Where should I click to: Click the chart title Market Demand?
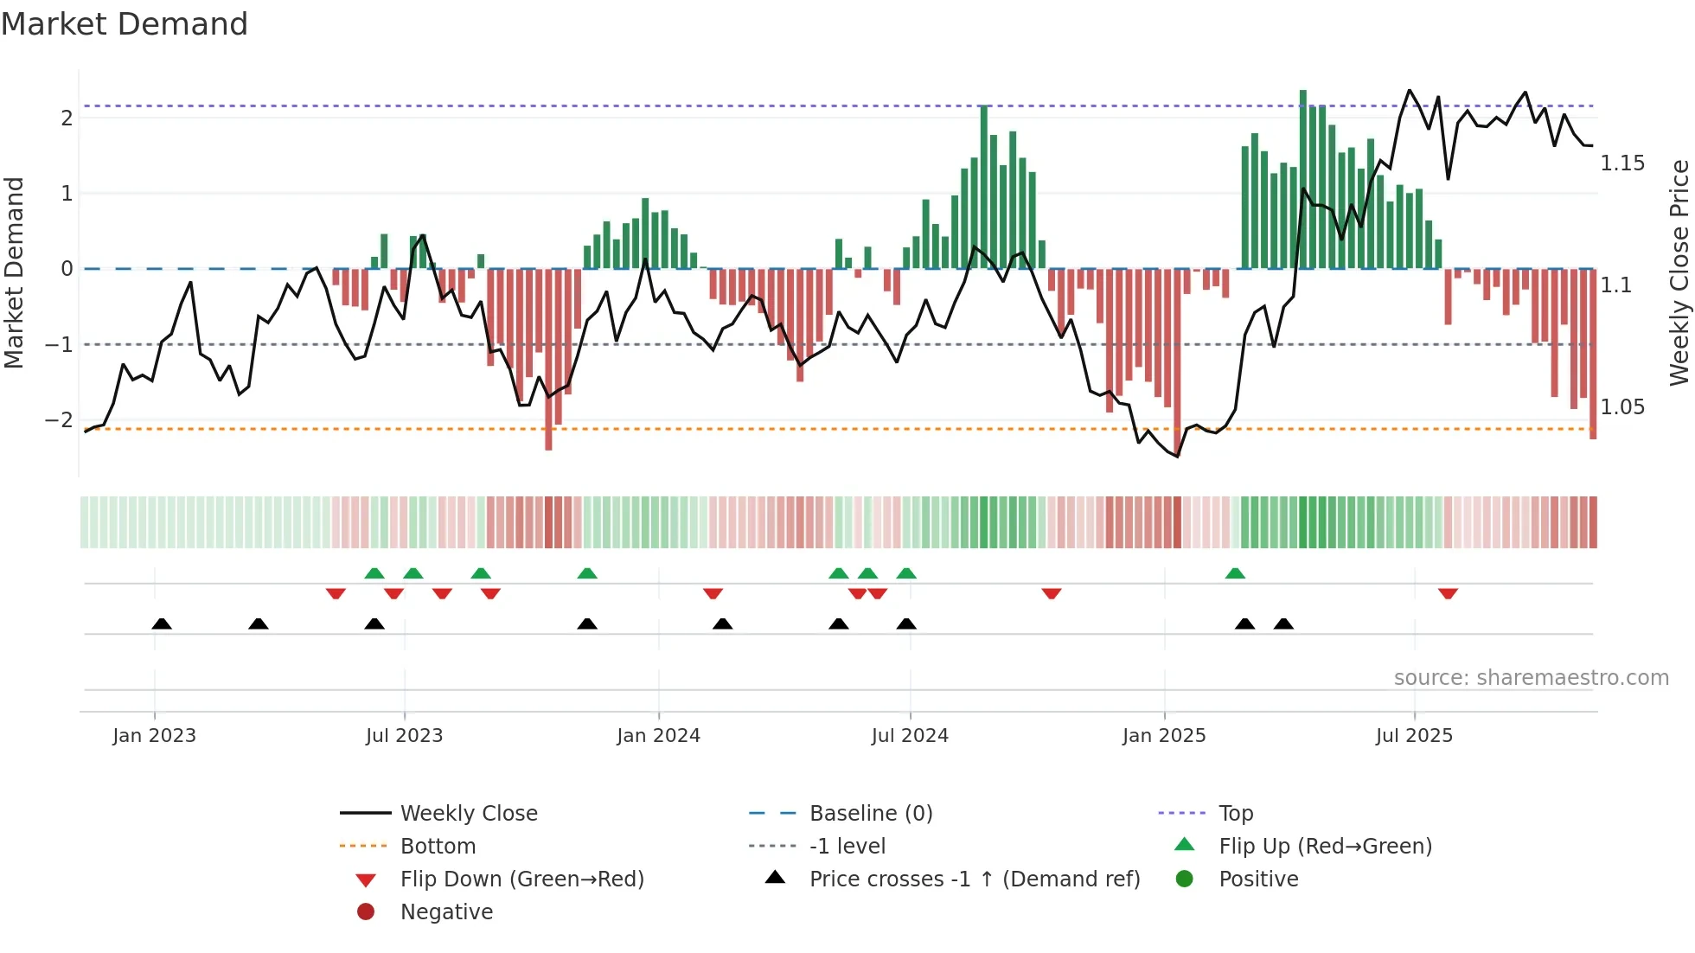coord(125,24)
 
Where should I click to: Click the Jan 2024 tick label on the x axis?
coord(658,736)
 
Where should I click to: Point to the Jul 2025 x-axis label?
coord(1414,736)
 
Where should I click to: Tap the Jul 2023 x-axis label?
coord(404,736)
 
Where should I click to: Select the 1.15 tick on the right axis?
coord(1622,163)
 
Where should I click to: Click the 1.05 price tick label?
coord(1622,407)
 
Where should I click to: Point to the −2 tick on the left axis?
coord(59,420)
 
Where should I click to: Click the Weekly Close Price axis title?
coord(1679,272)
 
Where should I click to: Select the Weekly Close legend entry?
coord(468,814)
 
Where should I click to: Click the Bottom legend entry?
coord(438,847)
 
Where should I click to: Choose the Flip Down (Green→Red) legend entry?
coord(521,879)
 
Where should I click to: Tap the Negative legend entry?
coord(446,912)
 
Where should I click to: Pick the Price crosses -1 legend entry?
coord(974,879)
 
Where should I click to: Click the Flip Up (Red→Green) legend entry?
coord(1325,847)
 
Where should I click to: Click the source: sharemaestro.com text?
coord(1531,678)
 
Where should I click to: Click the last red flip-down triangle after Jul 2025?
coord(1448,593)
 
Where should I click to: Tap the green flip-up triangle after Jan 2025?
coord(1235,573)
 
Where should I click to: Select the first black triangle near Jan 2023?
coord(162,624)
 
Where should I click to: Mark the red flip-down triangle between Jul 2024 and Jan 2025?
coord(1052,593)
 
